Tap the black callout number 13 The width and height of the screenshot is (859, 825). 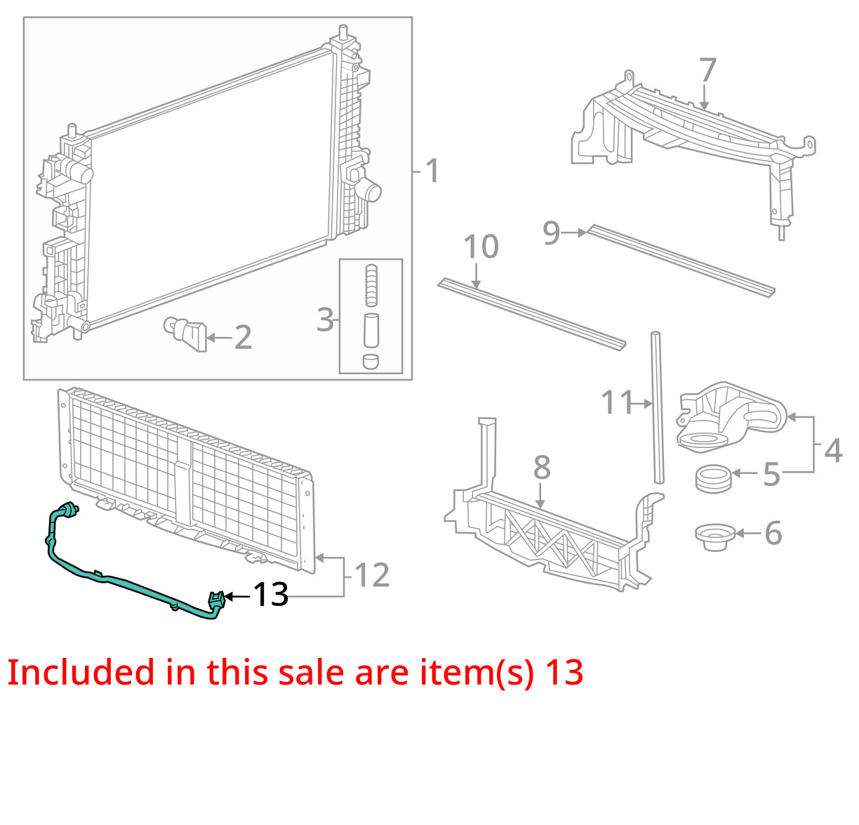click(x=270, y=594)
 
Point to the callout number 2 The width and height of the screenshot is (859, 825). click(x=243, y=338)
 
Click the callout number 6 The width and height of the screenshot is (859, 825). click(x=773, y=533)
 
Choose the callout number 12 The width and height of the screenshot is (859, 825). click(x=372, y=575)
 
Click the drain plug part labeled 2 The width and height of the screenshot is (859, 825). click(x=185, y=334)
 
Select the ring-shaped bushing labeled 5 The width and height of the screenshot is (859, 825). click(x=713, y=478)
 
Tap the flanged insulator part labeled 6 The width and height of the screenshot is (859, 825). click(x=715, y=536)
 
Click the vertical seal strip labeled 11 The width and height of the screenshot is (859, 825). click(x=658, y=408)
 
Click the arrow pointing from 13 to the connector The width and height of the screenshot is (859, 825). click(x=238, y=597)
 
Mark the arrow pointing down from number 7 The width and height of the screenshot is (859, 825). click(x=705, y=97)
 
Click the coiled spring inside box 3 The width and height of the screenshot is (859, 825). click(x=371, y=285)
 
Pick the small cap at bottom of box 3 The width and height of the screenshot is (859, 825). click(x=371, y=361)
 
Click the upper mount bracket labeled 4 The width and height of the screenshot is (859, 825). click(x=731, y=416)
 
